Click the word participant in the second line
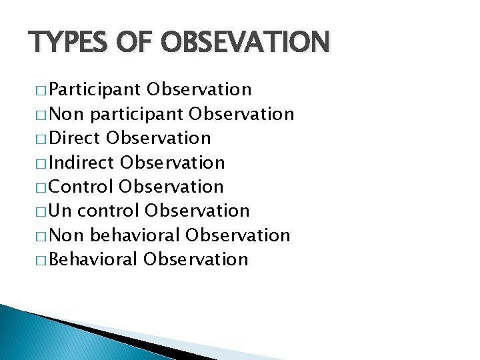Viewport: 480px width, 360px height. [137, 115]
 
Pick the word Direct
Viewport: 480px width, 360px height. [73, 139]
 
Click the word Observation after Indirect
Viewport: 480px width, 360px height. [173, 163]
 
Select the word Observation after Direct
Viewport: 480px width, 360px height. [159, 139]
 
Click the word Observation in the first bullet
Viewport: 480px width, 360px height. [199, 90]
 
